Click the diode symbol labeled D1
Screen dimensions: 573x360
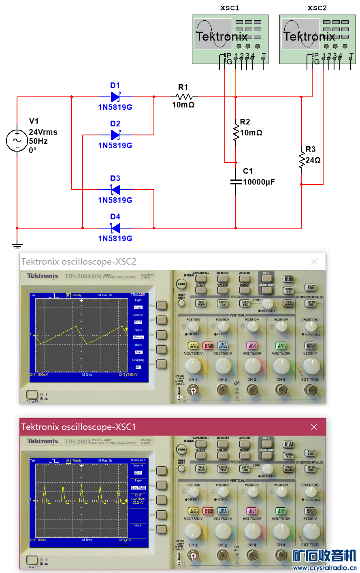115,97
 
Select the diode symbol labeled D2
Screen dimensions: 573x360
115,135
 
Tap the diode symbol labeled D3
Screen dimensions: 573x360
115,189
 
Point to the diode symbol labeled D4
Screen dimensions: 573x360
115,228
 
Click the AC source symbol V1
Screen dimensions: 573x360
17,141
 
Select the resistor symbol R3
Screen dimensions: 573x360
302,160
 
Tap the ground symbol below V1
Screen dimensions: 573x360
17,245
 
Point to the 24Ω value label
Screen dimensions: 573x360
313,160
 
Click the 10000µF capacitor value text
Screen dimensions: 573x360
259,182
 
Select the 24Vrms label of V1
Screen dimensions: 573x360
43,132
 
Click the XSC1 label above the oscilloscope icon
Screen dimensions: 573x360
230,8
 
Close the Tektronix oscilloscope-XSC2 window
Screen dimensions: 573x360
314,262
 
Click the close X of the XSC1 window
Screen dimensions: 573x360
314,427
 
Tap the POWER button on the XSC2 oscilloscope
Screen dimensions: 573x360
32,395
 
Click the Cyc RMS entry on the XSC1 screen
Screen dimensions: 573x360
138,487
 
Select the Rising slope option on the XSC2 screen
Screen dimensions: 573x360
138,337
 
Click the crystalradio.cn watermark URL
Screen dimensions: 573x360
324,568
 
